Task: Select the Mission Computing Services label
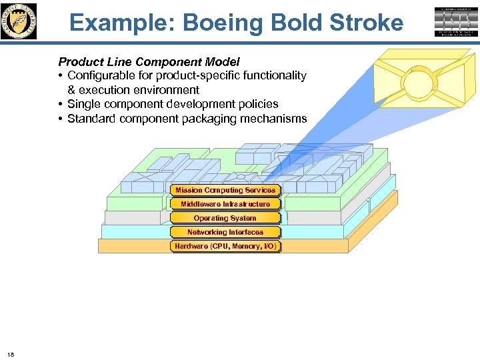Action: (225, 190)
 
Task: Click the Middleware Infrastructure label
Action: (225, 204)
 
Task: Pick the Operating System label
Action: (225, 218)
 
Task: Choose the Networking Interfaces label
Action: (225, 232)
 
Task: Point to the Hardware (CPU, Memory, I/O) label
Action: (225, 247)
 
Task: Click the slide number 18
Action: (11, 353)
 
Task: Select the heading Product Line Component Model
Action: (149, 62)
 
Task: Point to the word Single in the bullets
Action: (85, 104)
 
